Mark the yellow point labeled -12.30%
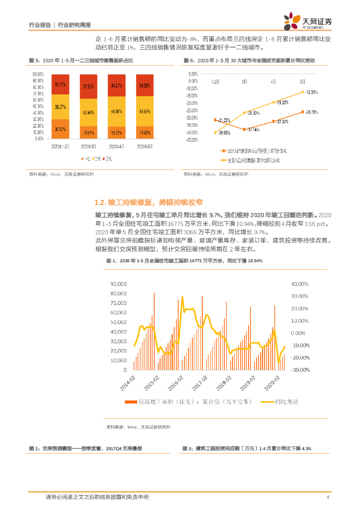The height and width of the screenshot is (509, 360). point(302,92)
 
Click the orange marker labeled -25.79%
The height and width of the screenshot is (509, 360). point(302,112)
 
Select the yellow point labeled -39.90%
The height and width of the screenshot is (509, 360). point(215,132)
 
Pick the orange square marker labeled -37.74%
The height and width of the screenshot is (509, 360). point(244,129)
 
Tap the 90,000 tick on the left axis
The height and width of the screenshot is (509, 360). point(117,284)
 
